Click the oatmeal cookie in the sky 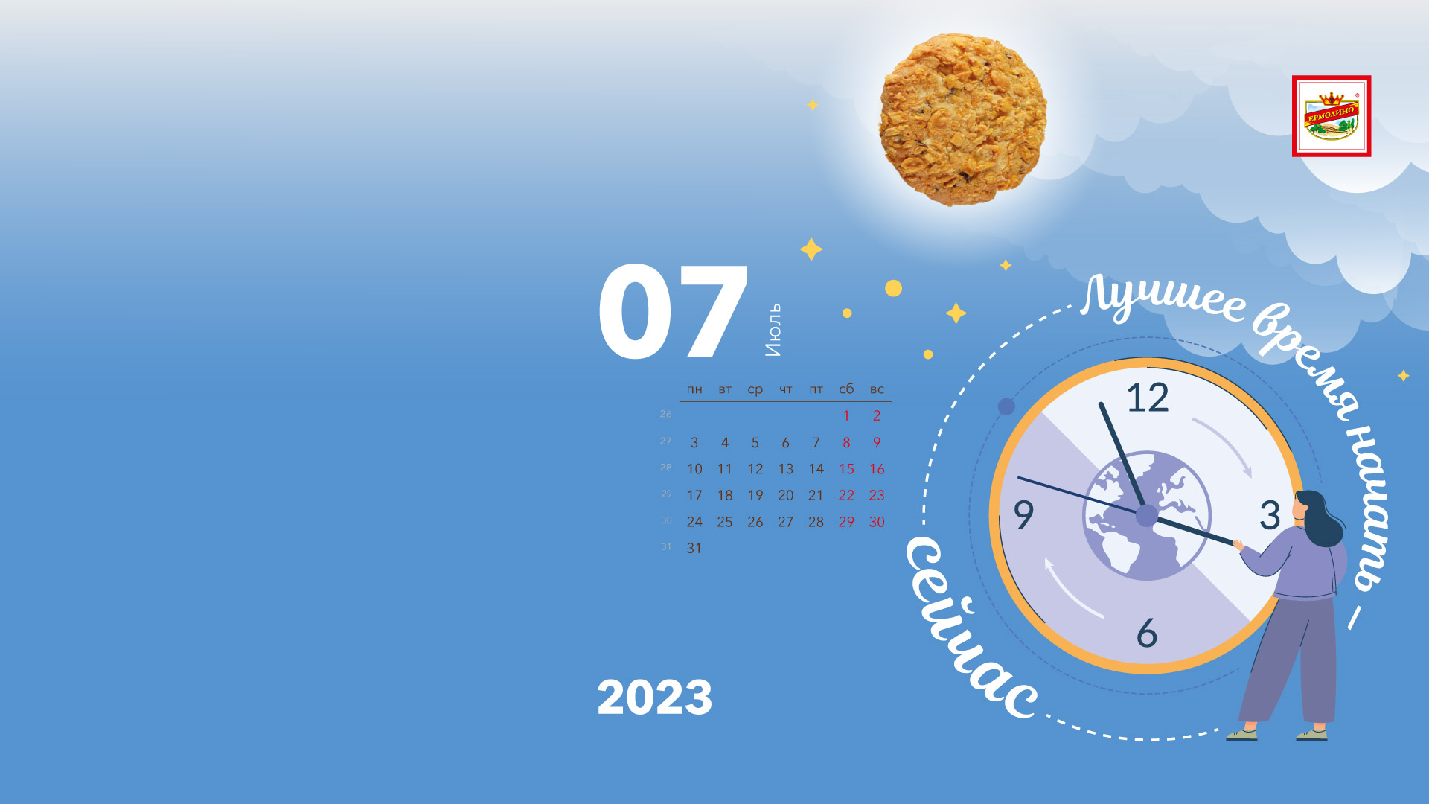[x=963, y=119]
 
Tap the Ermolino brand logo [x=1332, y=116]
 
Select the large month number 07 [x=673, y=312]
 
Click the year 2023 [x=654, y=698]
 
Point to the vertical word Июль [x=774, y=330]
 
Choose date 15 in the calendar [x=846, y=469]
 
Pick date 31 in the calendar [x=694, y=548]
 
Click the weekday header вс [x=877, y=389]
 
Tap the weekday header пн [x=694, y=389]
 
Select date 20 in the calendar [x=785, y=495]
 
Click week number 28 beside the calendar [x=665, y=468]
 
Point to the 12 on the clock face [x=1148, y=398]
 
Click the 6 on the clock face [x=1147, y=633]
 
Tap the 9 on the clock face [x=1024, y=514]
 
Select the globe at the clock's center [x=1147, y=515]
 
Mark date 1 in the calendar [x=846, y=415]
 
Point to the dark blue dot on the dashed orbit [x=1006, y=406]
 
